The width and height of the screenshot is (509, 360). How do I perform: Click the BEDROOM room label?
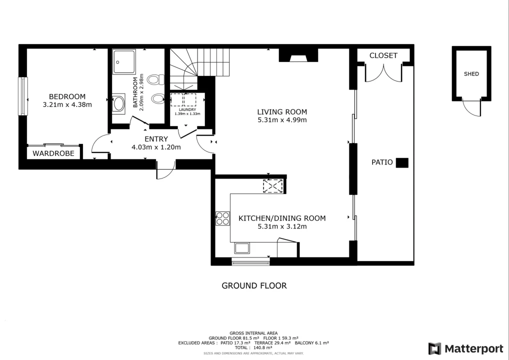[x=67, y=96]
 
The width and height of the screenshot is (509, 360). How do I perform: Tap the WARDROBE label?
[x=53, y=153]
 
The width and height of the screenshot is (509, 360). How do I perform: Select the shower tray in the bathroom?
[x=123, y=61]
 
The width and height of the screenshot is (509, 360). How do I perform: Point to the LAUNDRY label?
[x=187, y=109]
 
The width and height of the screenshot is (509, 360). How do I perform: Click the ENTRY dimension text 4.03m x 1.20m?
[x=156, y=147]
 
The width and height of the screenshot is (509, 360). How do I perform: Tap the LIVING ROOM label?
[x=282, y=112]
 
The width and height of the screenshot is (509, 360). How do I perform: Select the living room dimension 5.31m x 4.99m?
[x=282, y=120]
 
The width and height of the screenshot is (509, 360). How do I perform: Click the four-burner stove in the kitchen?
[x=222, y=218]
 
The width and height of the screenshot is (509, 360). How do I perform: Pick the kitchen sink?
[x=242, y=248]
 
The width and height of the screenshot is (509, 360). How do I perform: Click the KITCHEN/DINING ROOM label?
[x=282, y=218]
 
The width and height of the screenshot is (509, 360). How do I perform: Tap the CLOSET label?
[x=383, y=55]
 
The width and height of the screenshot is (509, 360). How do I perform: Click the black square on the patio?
[x=402, y=162]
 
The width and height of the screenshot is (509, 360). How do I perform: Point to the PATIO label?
[x=382, y=162]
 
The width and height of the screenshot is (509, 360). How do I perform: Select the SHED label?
[x=471, y=74]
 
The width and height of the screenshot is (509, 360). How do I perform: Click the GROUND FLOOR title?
[x=254, y=286]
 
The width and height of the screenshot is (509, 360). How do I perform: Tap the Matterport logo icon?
[x=434, y=348]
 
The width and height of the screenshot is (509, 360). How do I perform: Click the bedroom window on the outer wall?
[x=22, y=96]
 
